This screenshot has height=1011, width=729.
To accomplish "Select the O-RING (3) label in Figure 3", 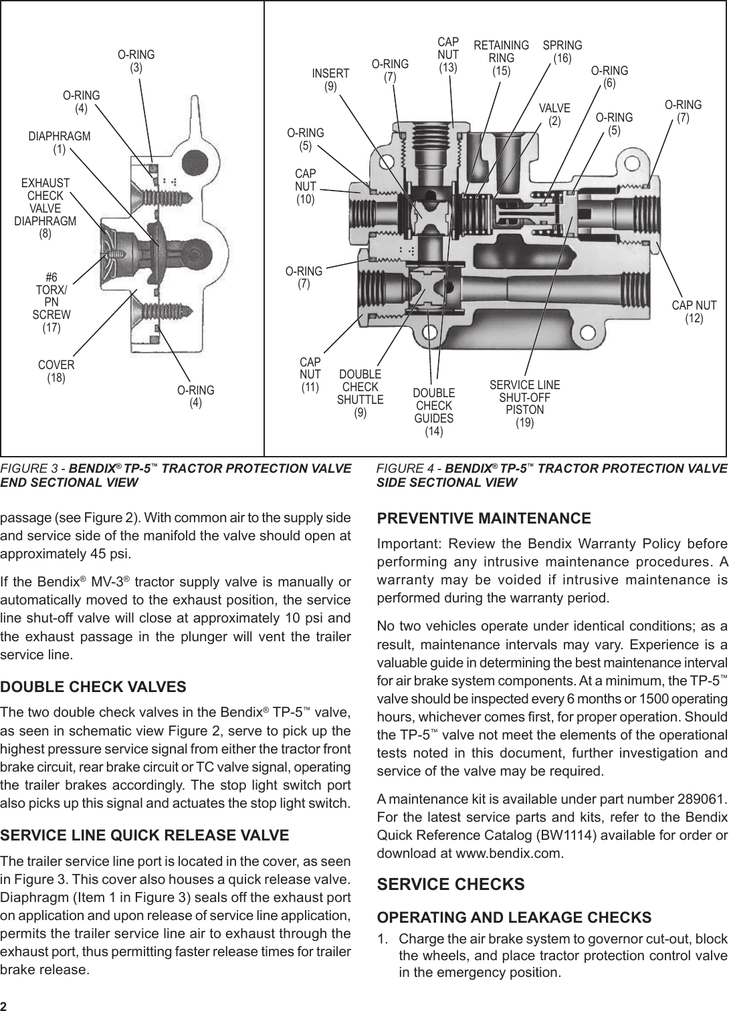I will click(136, 61).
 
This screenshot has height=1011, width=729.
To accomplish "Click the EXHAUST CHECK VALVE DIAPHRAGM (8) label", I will click(45, 209).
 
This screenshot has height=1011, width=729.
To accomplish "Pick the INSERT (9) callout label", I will click(330, 80).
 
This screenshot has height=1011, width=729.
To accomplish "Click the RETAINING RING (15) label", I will click(501, 57).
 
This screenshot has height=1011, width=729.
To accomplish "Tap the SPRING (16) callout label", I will click(562, 51).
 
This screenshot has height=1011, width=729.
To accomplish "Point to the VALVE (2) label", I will click(554, 114).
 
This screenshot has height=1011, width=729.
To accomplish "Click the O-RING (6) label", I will click(609, 77).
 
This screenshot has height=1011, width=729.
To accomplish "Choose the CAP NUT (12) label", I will click(694, 312).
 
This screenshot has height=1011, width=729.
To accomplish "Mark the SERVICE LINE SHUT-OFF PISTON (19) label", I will click(525, 403).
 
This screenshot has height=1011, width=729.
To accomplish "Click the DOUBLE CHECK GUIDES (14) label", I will click(434, 412).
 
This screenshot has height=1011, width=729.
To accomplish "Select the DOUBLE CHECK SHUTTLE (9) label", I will click(360, 393).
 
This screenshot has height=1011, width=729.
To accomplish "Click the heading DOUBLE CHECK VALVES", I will click(94, 687).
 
